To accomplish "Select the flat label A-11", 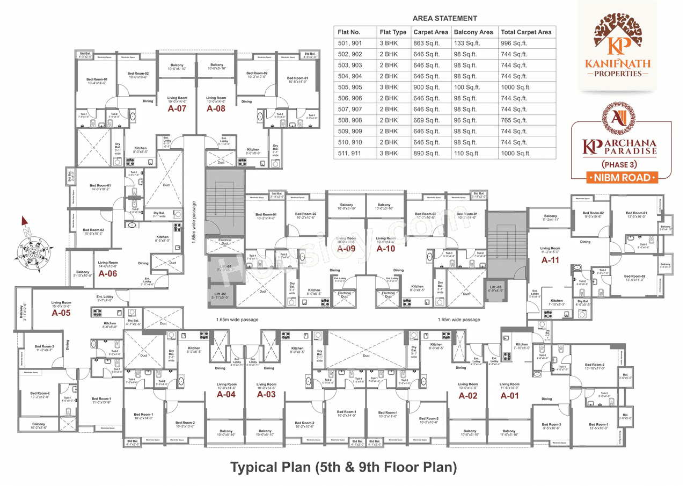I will [551, 260].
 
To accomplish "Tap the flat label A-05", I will [61, 313].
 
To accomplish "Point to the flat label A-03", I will [266, 394].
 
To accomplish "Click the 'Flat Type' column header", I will [393, 32].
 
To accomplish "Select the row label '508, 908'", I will [350, 120].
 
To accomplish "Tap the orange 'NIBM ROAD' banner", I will [622, 178].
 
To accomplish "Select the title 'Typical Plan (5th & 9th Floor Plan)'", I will [343, 467].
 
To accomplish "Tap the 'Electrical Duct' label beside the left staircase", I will [225, 242].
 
